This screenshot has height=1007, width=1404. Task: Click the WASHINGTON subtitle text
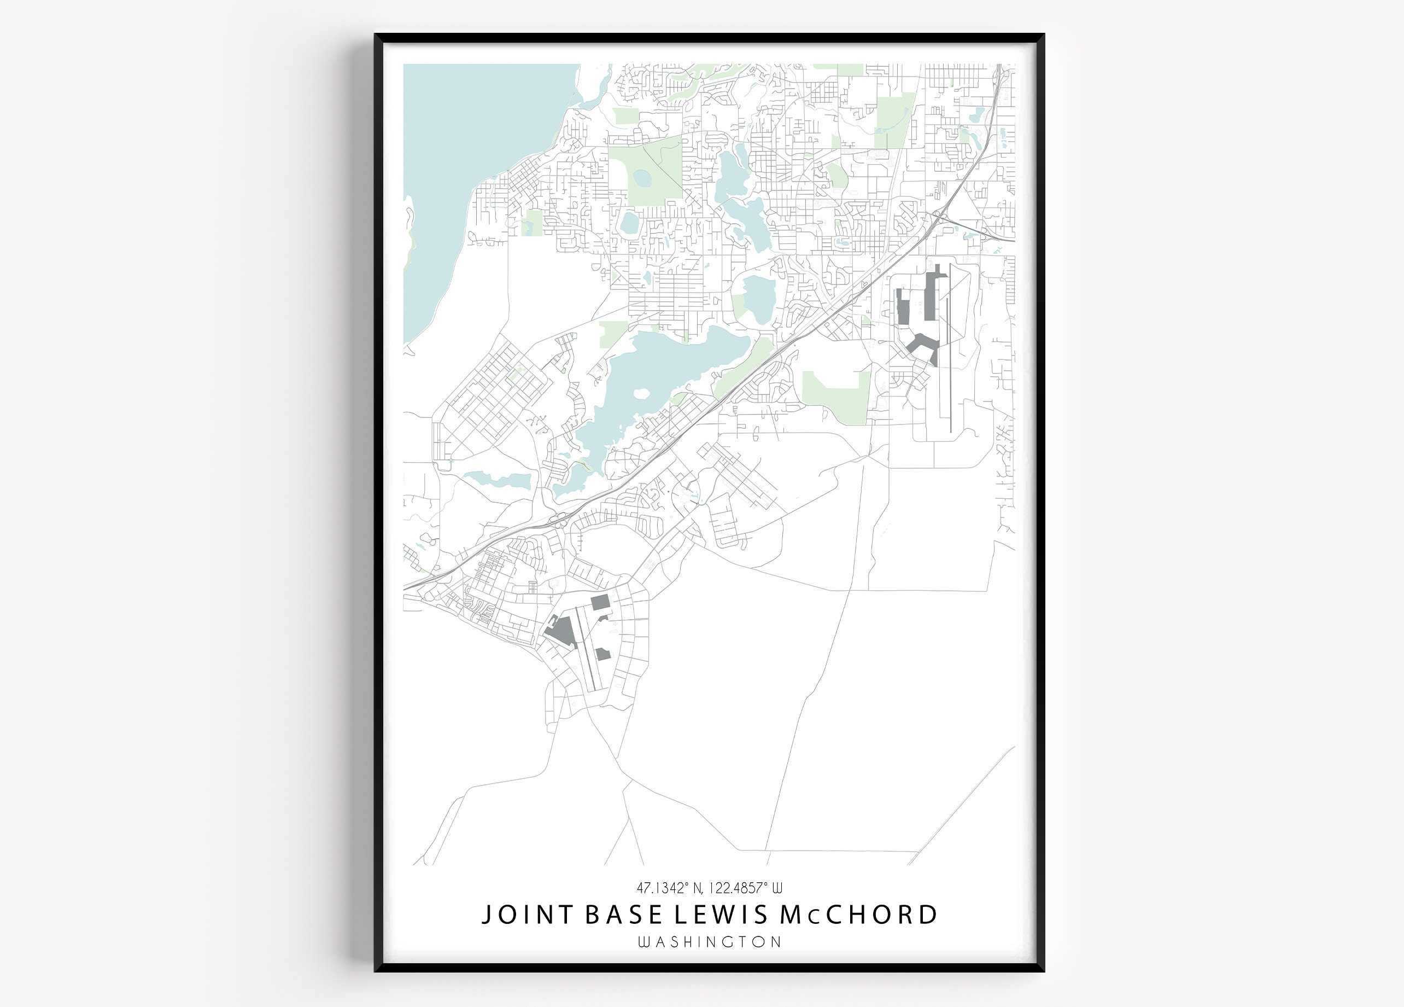[x=710, y=942]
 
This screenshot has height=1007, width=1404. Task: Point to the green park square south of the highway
[x=836, y=397]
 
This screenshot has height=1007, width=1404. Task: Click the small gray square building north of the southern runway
[x=600, y=602]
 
